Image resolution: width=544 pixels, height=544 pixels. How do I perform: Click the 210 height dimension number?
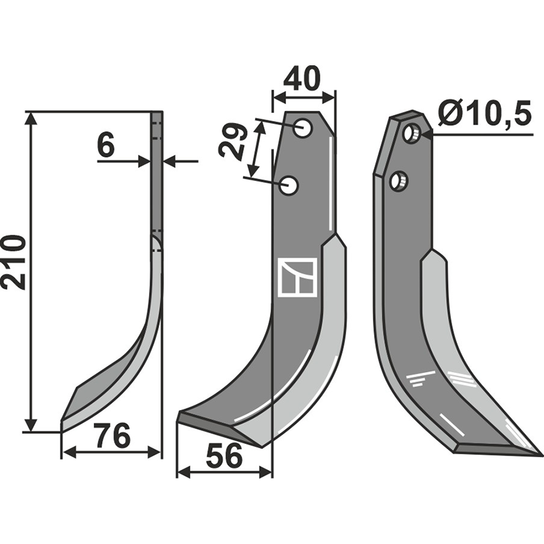point(14,262)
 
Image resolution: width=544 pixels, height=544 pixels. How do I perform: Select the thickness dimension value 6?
point(106,146)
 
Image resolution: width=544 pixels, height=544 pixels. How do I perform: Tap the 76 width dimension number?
point(113,435)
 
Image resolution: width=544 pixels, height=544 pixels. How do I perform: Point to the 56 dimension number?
point(224,456)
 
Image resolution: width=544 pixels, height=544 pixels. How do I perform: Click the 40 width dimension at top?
point(301,78)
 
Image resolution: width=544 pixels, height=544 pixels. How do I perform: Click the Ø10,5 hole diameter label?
point(485,114)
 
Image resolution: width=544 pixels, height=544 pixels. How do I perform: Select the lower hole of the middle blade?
point(288,185)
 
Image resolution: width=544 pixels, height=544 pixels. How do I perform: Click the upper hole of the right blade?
point(412,133)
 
